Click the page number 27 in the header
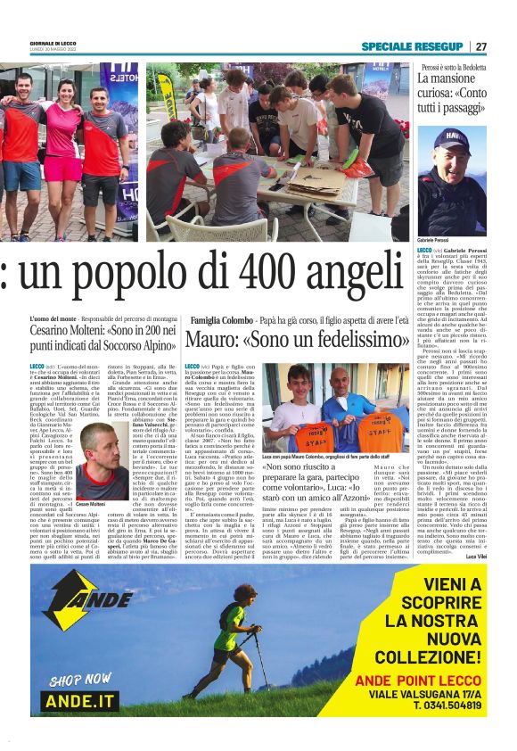[x=481, y=46]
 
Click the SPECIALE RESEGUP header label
[x=413, y=46]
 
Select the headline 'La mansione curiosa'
[x=452, y=96]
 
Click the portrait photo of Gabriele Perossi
[x=451, y=180]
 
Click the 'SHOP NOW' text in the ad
[x=81, y=681]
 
